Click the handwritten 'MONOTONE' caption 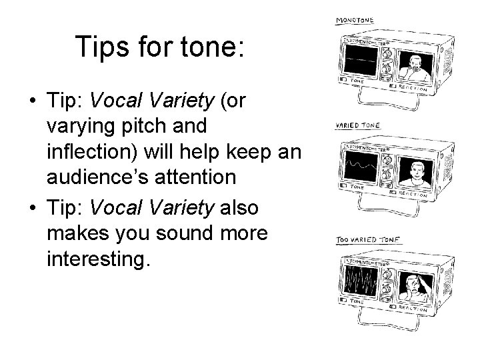354,21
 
